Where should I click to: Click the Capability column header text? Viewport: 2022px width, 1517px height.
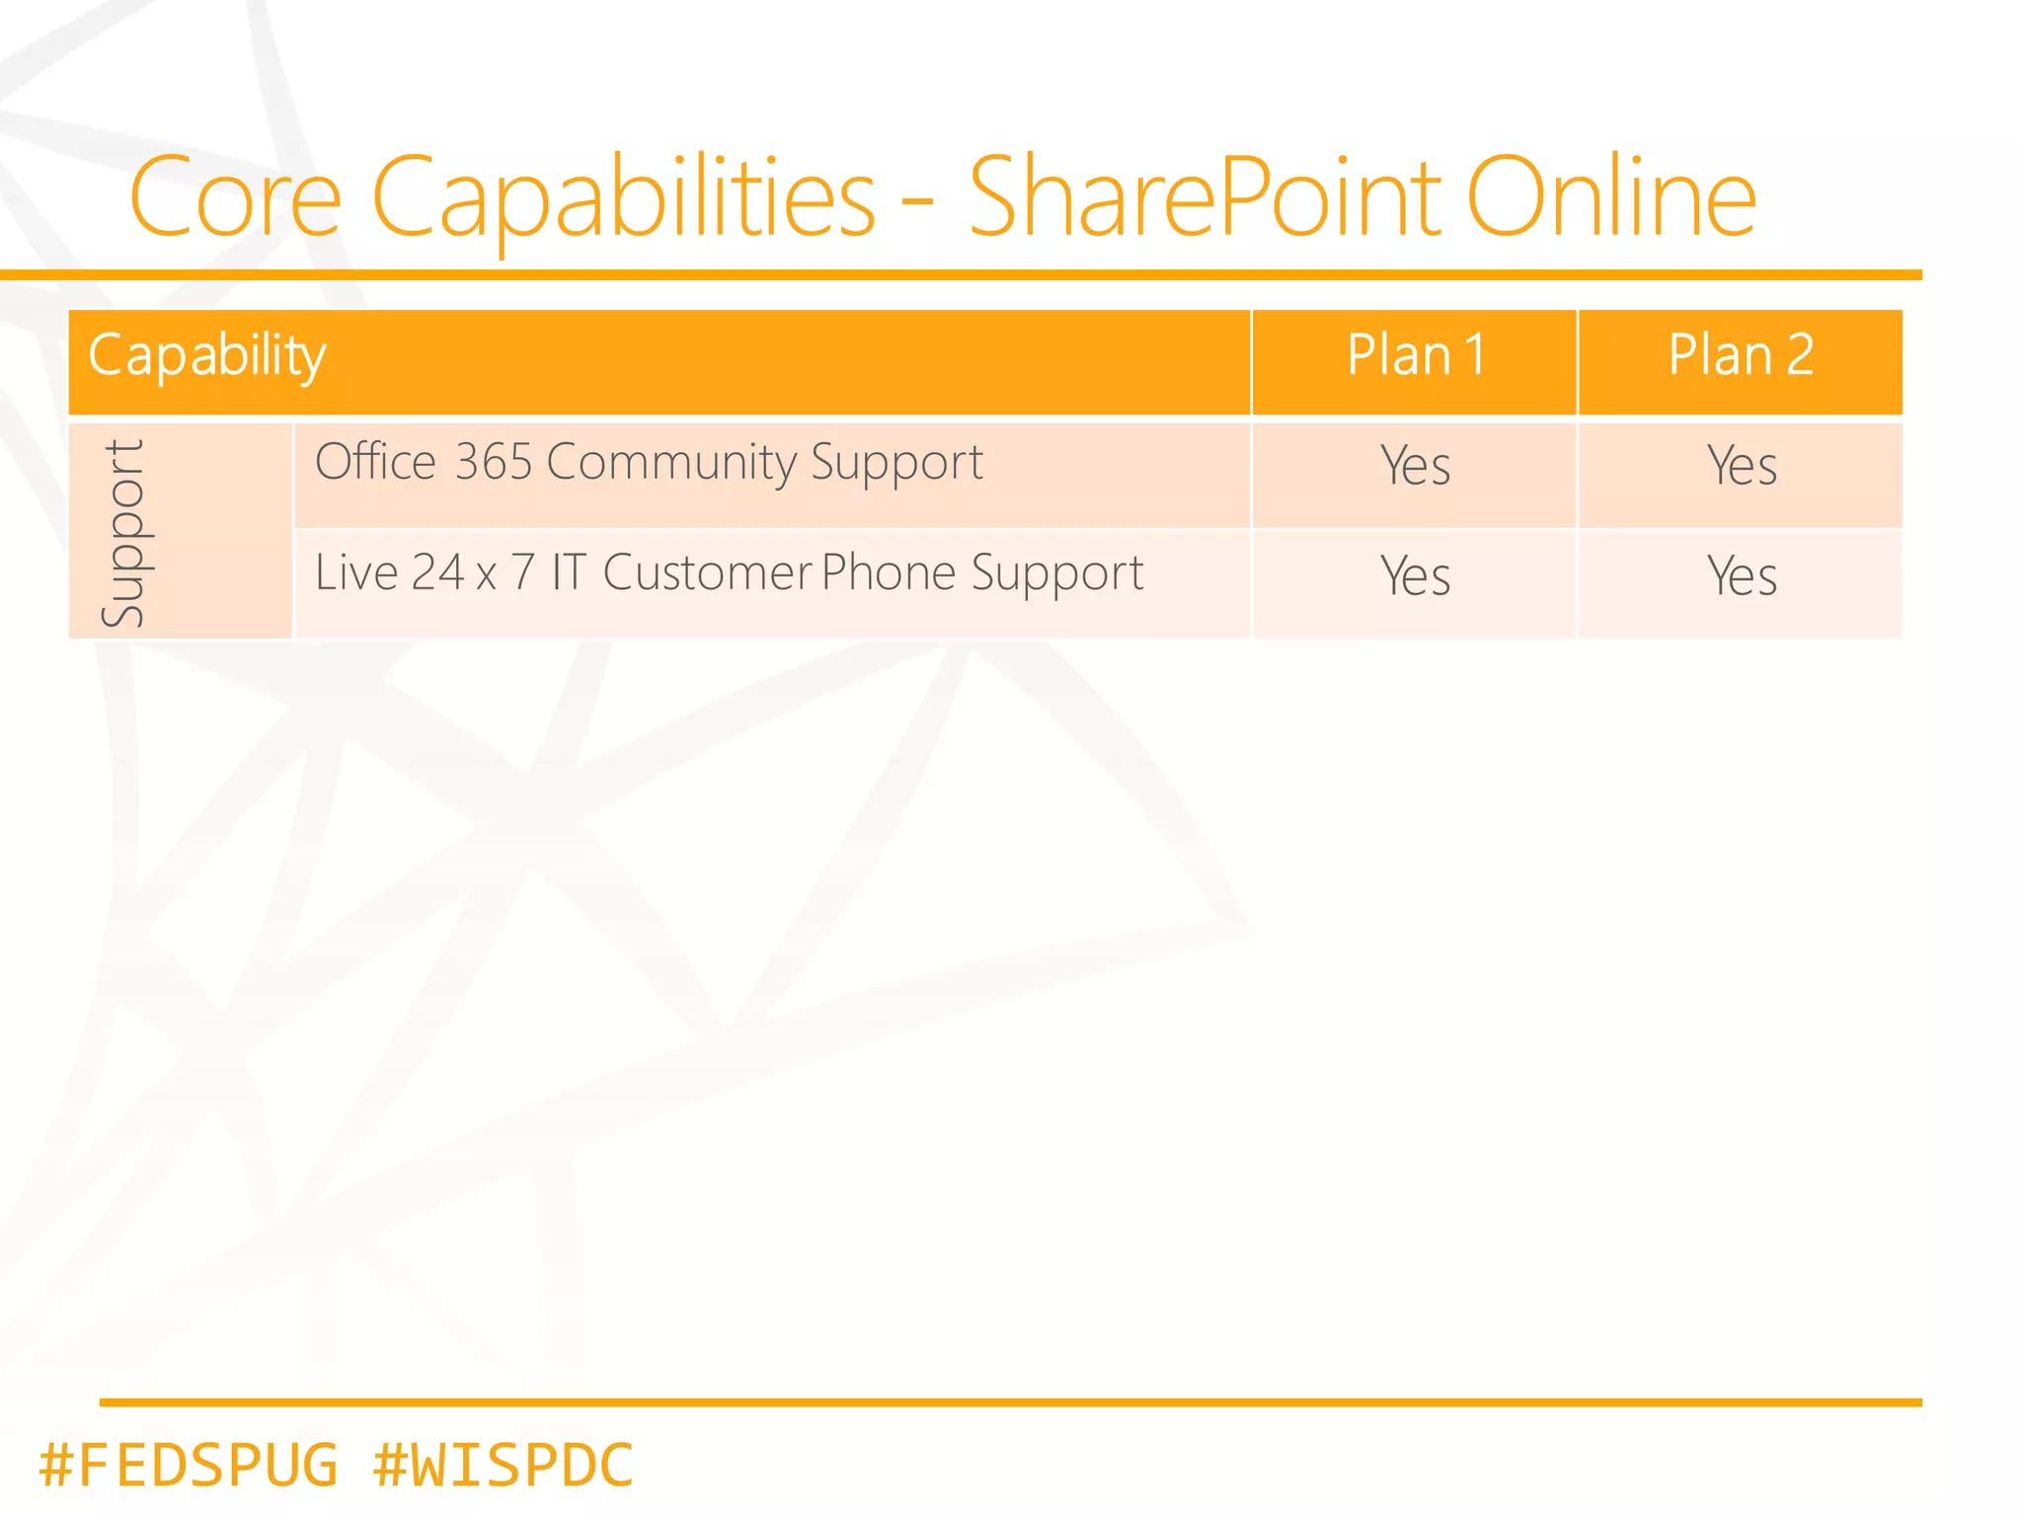207,355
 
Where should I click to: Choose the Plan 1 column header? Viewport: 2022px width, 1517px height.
1416,355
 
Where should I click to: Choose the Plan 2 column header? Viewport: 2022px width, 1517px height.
1741,355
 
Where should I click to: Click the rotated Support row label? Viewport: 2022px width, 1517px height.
123,533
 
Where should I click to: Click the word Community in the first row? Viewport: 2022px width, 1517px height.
671,462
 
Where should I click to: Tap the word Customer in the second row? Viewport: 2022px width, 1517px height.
708,572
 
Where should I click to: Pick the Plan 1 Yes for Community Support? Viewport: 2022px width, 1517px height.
1416,466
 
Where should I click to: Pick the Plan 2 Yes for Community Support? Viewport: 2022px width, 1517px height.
1742,466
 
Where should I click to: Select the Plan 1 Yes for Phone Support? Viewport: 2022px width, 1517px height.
1416,576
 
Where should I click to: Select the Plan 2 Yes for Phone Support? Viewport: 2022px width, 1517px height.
1742,576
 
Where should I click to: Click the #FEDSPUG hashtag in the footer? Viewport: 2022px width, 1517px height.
188,1465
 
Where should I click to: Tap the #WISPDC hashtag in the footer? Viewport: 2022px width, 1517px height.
504,1465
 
